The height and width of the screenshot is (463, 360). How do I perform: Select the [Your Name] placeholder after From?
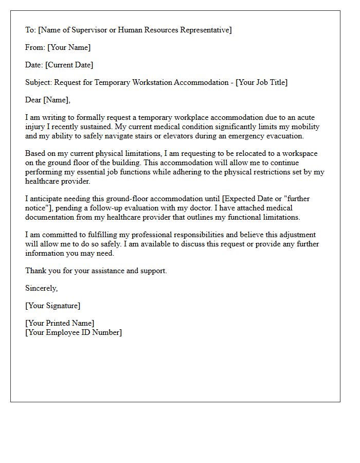[x=69, y=47]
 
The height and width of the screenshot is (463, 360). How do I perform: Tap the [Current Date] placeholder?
[x=69, y=65]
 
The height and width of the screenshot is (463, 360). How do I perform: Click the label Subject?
[x=39, y=82]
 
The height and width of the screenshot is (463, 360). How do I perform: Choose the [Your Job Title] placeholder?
[x=261, y=82]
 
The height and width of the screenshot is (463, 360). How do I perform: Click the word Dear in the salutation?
[x=33, y=100]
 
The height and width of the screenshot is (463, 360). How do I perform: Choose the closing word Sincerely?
[x=42, y=288]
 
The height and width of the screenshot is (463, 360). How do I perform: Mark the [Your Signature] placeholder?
[x=53, y=306]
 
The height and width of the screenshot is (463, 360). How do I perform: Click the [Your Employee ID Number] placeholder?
[x=74, y=332]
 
